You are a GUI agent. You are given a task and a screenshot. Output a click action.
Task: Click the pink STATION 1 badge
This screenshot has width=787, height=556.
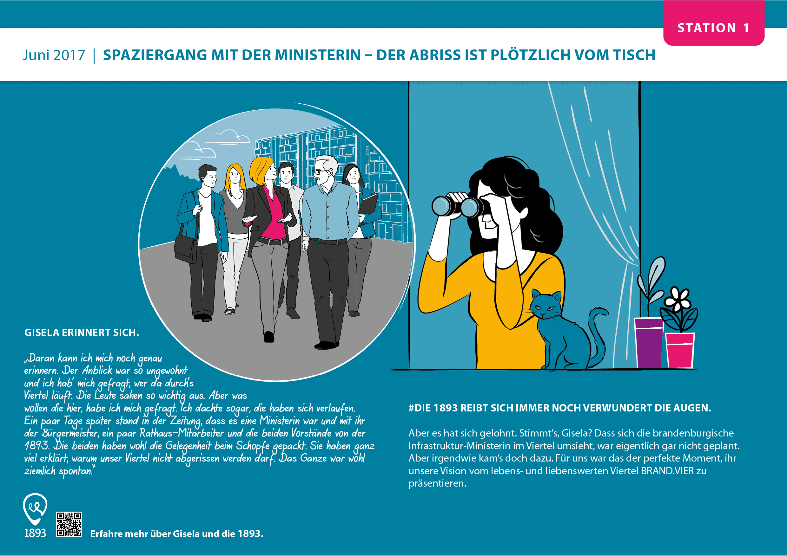click(x=714, y=23)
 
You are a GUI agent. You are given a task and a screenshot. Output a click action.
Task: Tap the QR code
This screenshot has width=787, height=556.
click(x=69, y=524)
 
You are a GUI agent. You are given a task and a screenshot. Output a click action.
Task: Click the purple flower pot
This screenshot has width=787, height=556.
click(x=649, y=342)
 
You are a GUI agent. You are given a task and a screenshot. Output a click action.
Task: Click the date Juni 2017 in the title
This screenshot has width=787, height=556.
click(x=54, y=55)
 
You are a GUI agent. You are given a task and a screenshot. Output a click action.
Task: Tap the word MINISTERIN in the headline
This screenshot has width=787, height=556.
click(x=318, y=55)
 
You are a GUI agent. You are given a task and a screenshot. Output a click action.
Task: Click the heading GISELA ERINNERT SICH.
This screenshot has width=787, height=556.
click(x=82, y=333)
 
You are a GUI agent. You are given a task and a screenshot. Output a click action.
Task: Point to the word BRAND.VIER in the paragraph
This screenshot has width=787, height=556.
click(x=667, y=471)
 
